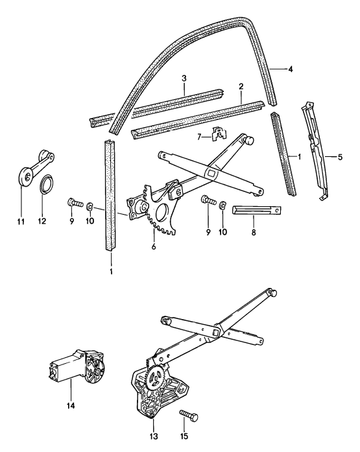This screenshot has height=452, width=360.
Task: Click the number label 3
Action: point(184,78)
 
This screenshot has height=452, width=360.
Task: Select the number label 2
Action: point(241,86)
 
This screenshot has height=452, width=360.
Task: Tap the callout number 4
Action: point(289,69)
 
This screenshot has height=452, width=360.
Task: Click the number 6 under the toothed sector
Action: point(153,246)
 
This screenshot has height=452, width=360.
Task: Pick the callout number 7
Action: point(201,137)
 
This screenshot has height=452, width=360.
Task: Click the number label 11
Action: point(20,220)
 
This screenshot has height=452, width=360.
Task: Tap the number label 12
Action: point(44,220)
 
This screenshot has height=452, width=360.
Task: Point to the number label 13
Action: point(154,436)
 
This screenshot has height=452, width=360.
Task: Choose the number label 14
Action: point(69,406)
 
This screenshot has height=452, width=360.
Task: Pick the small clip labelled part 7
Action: point(217,135)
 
